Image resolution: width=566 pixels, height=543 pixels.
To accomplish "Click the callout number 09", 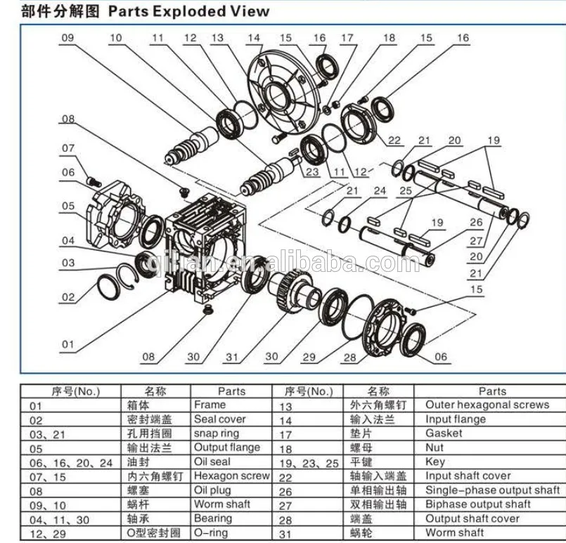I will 68,39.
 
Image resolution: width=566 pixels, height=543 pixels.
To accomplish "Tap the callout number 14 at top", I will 253,38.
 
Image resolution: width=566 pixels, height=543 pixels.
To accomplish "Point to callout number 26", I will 476,223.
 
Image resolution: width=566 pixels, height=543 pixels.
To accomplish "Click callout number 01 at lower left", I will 67,344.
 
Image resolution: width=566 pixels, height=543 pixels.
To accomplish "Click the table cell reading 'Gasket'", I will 444,433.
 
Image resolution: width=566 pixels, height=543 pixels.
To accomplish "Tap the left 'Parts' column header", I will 231,391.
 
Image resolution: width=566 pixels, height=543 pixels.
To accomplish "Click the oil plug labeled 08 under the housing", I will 207,309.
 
